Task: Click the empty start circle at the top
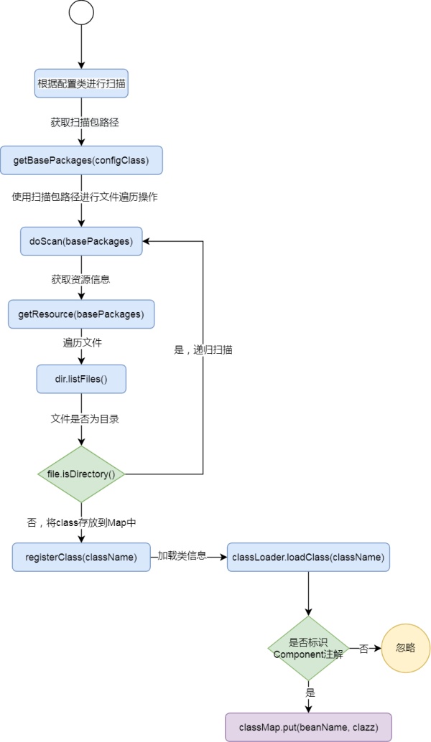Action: [81, 12]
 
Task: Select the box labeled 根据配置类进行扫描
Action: [81, 83]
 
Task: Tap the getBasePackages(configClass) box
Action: [81, 161]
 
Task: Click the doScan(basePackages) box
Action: [81, 241]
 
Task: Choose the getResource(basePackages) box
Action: [81, 314]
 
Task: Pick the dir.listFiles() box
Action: [81, 379]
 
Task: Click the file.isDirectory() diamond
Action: [81, 474]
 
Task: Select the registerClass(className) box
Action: [81, 557]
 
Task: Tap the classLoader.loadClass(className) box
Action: [308, 557]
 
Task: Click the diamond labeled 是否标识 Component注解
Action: [308, 648]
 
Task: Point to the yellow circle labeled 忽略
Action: [405, 648]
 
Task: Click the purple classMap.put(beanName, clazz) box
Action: [308, 728]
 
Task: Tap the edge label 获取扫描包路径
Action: [85, 122]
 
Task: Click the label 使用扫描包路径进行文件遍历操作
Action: [85, 197]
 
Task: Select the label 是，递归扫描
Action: [203, 350]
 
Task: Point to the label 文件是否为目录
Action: [85, 419]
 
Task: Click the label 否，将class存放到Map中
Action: [81, 523]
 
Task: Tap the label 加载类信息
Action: [182, 555]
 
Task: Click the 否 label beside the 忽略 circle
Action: [363, 649]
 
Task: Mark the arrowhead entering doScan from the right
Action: [146, 241]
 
